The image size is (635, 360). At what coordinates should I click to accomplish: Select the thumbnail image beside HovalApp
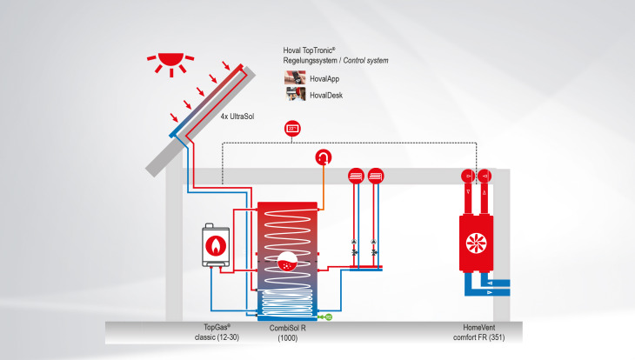(x=293, y=78)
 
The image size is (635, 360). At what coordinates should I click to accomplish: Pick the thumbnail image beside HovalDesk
(x=293, y=95)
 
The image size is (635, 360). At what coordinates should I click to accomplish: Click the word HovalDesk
(x=326, y=96)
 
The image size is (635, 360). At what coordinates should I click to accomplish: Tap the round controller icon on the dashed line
(x=293, y=129)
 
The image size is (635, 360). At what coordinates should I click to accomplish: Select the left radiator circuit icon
(x=356, y=174)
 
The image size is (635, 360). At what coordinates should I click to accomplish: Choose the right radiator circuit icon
(x=375, y=174)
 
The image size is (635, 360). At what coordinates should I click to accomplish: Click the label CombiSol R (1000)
(x=287, y=331)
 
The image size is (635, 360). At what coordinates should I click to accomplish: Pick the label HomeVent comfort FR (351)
(x=474, y=331)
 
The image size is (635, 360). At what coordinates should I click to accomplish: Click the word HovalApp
(x=325, y=79)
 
